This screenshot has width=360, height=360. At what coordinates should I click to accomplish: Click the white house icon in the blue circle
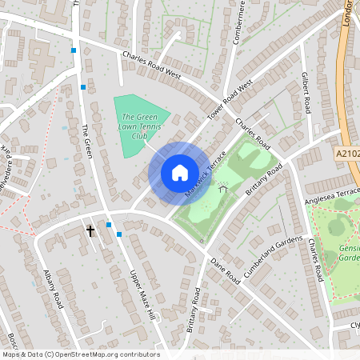coord(179,173)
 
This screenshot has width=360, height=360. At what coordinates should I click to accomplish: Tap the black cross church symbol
coord(90,231)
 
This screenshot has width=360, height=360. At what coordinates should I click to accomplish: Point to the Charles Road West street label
coord(152,66)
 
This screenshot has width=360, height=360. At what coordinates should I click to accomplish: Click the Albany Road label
coord(54,288)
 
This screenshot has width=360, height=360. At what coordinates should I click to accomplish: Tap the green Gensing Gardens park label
coord(350,253)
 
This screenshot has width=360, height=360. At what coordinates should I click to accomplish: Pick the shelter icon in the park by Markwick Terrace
coord(222,188)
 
